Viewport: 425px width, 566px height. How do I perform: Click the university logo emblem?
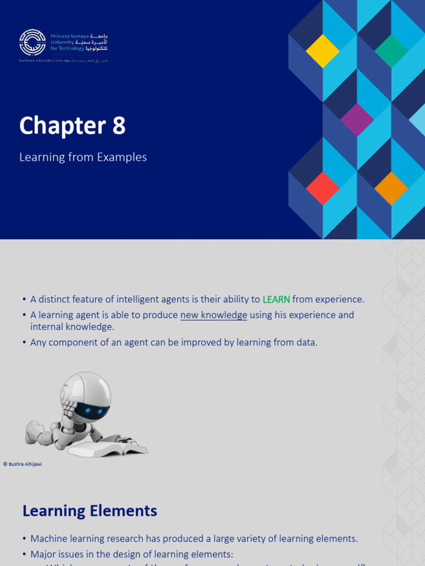tap(33, 43)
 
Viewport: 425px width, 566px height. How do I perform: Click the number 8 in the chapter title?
tap(119, 126)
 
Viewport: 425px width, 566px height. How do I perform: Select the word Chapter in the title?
tap(63, 126)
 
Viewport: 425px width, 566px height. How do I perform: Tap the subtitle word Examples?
tap(122, 157)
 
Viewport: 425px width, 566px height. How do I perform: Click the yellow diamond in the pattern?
tap(323, 51)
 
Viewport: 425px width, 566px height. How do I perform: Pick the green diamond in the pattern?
tap(391, 51)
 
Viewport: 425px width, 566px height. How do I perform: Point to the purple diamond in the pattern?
tap(357, 119)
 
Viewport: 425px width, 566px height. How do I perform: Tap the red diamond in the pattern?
tap(323, 188)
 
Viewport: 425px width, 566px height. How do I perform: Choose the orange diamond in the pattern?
tap(391, 188)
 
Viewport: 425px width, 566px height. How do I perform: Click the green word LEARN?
tap(276, 300)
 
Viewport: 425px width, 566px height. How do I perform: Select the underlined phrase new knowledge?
tap(214, 315)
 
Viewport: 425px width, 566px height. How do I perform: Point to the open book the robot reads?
tap(116, 446)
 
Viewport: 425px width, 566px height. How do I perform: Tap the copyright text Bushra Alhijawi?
tap(25, 464)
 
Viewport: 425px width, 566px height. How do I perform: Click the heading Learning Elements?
tap(90, 511)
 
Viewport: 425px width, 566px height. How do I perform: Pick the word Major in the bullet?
tap(43, 554)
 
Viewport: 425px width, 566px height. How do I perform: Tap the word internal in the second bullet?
tap(47, 327)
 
